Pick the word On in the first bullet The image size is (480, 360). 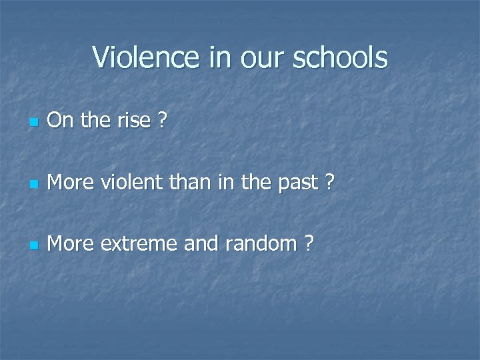(x=60, y=121)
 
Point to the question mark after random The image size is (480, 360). (x=307, y=244)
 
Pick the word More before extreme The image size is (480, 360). (x=71, y=244)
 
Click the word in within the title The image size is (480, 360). (x=219, y=57)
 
